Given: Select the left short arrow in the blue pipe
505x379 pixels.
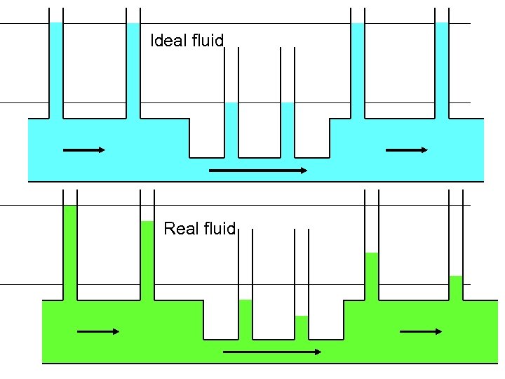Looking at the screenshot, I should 84,149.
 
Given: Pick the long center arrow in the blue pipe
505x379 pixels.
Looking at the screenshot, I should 258,170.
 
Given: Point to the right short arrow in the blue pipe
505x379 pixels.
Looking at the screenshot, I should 407,149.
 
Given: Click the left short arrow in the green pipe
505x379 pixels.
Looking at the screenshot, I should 98,331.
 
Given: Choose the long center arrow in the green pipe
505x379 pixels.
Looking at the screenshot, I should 272,352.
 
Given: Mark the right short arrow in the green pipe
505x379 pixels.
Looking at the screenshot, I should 421,331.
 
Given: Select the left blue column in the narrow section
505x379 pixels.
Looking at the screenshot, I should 231,129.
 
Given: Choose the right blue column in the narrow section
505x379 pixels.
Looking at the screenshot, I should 288,129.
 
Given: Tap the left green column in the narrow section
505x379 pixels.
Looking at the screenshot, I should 245,318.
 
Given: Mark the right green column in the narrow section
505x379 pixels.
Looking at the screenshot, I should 302,326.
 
